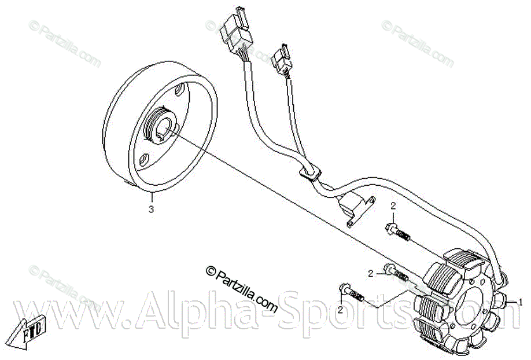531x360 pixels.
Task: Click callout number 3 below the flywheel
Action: [x=152, y=209]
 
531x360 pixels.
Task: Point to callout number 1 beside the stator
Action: [x=519, y=302]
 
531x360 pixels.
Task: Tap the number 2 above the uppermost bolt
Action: [x=393, y=206]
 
